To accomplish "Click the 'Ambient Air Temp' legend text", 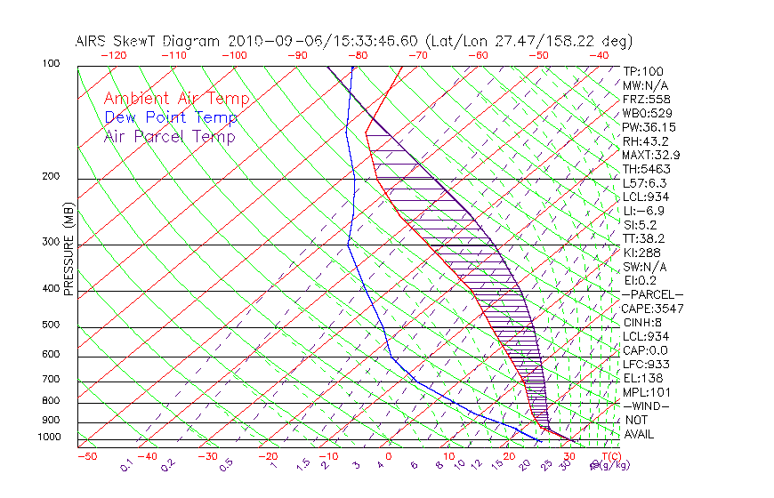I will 176,99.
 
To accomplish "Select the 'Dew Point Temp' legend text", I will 170,117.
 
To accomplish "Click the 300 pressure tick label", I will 51,242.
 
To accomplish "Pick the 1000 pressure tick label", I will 48,438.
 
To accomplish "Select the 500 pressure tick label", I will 51,325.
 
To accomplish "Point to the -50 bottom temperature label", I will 86,456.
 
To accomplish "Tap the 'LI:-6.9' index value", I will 643,211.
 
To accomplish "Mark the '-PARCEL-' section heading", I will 653,294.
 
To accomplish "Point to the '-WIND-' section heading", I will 645,406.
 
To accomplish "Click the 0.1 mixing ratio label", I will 126,464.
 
